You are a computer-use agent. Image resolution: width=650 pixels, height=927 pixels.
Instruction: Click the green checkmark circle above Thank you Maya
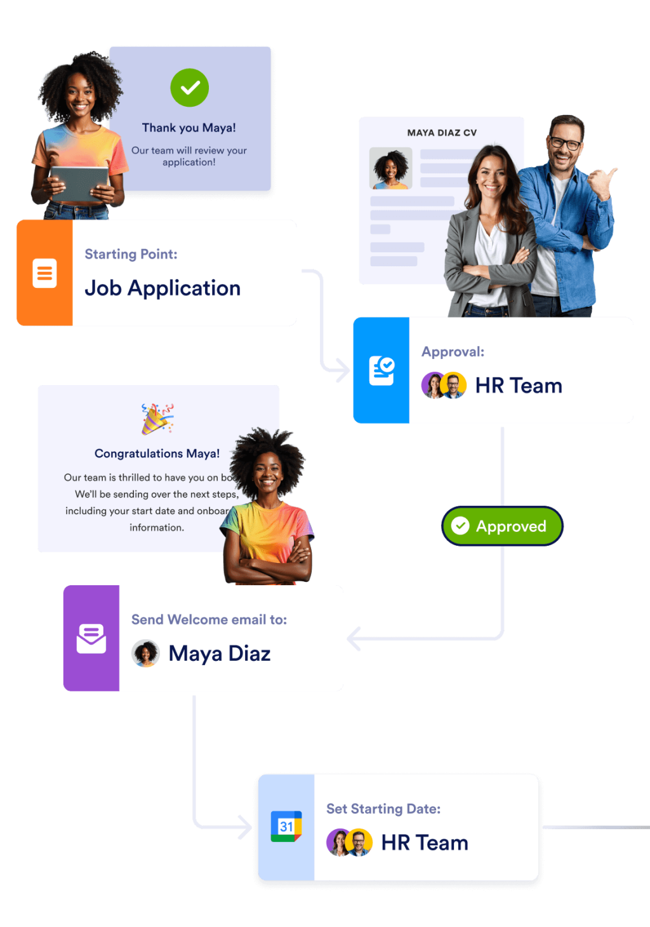(x=189, y=88)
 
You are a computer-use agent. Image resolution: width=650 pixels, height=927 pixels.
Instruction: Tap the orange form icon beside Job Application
(x=44, y=273)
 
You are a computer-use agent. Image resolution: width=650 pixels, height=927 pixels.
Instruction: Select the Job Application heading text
(x=162, y=288)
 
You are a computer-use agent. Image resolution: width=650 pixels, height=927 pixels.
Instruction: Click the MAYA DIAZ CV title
(x=442, y=133)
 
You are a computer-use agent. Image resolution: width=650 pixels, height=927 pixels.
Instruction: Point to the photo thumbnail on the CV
(x=391, y=168)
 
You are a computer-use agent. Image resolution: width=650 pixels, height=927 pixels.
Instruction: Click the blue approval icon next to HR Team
(x=381, y=370)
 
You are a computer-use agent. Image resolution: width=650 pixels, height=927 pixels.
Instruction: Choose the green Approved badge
(x=502, y=526)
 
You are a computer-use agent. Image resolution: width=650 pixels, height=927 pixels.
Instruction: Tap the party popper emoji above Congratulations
(x=157, y=419)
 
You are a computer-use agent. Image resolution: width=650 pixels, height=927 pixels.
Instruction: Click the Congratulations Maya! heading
(x=157, y=454)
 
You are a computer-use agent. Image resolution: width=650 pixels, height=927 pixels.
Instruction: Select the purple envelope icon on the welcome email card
(x=91, y=639)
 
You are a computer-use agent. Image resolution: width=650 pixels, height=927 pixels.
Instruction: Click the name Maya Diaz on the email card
(x=220, y=654)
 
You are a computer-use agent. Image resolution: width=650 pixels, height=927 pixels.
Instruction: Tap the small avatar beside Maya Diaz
(x=145, y=653)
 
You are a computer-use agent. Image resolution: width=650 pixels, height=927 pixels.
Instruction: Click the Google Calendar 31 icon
(x=286, y=827)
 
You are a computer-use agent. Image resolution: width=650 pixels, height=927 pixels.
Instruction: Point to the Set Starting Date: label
(x=383, y=809)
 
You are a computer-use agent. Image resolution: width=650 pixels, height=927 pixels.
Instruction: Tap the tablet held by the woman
(x=79, y=182)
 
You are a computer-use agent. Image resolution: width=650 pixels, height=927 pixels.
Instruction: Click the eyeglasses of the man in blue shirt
(x=565, y=144)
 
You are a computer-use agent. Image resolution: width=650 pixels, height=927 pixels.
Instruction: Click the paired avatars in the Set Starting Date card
(x=349, y=842)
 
